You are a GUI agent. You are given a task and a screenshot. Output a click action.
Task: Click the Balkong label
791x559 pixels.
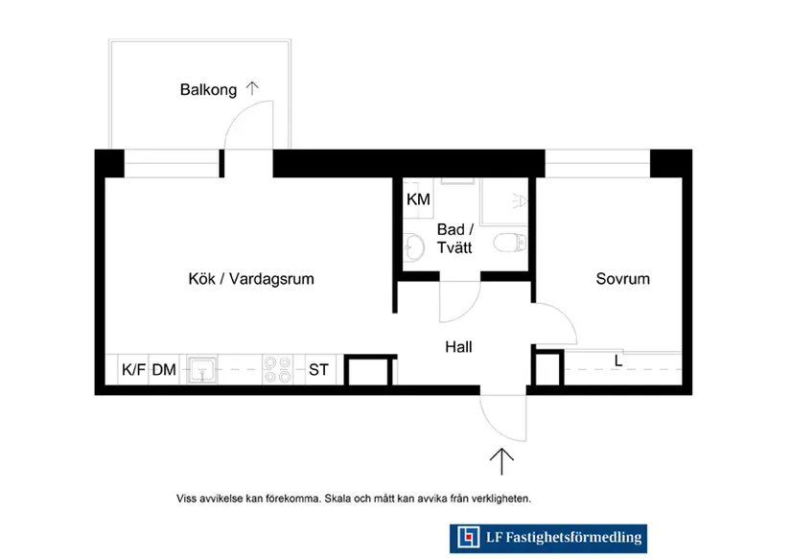tap(208, 90)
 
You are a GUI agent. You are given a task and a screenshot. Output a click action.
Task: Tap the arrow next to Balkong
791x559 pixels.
tap(252, 88)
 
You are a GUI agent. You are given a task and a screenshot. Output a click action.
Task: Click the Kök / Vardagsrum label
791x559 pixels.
tap(251, 279)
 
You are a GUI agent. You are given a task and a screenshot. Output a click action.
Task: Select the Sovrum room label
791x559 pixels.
tap(622, 279)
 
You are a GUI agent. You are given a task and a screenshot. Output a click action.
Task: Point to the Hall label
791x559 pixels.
tap(458, 347)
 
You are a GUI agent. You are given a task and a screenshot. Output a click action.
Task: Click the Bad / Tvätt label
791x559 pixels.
tap(454, 239)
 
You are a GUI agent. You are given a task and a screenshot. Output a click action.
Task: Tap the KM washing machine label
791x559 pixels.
tap(418, 199)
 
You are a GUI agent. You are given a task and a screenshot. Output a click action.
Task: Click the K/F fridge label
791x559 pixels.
tap(133, 370)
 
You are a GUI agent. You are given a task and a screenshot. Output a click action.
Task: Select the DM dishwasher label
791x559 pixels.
tap(164, 370)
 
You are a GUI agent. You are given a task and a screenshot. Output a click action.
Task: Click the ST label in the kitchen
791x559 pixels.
tap(318, 370)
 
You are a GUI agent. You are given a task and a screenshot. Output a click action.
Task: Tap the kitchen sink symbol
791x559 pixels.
tap(201, 370)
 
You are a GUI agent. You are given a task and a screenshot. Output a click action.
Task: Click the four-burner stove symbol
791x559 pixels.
tap(277, 369)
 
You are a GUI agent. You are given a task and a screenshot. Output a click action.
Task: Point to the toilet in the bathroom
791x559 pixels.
tap(509, 243)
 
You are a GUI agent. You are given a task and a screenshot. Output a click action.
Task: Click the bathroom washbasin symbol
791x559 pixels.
tap(413, 247)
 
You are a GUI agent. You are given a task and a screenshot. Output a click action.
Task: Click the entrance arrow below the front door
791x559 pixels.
tap(501, 461)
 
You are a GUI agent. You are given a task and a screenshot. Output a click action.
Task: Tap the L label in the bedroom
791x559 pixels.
tap(618, 361)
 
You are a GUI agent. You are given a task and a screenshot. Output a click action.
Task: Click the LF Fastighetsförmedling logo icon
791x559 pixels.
tap(468, 537)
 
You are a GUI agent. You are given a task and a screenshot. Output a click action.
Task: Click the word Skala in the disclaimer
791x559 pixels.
tap(337, 499)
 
